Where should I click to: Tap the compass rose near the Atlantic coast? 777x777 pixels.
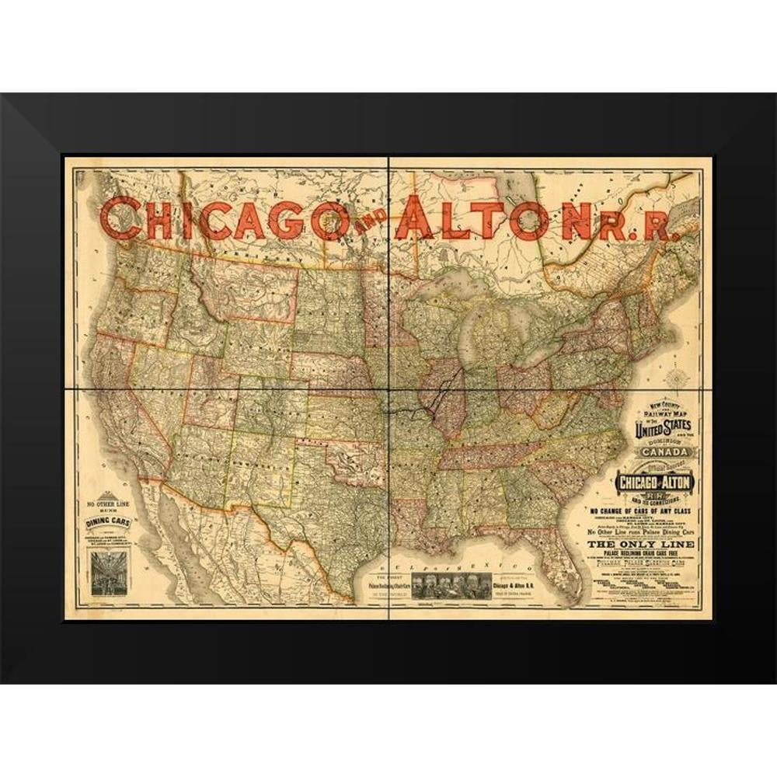coord(681,378)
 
